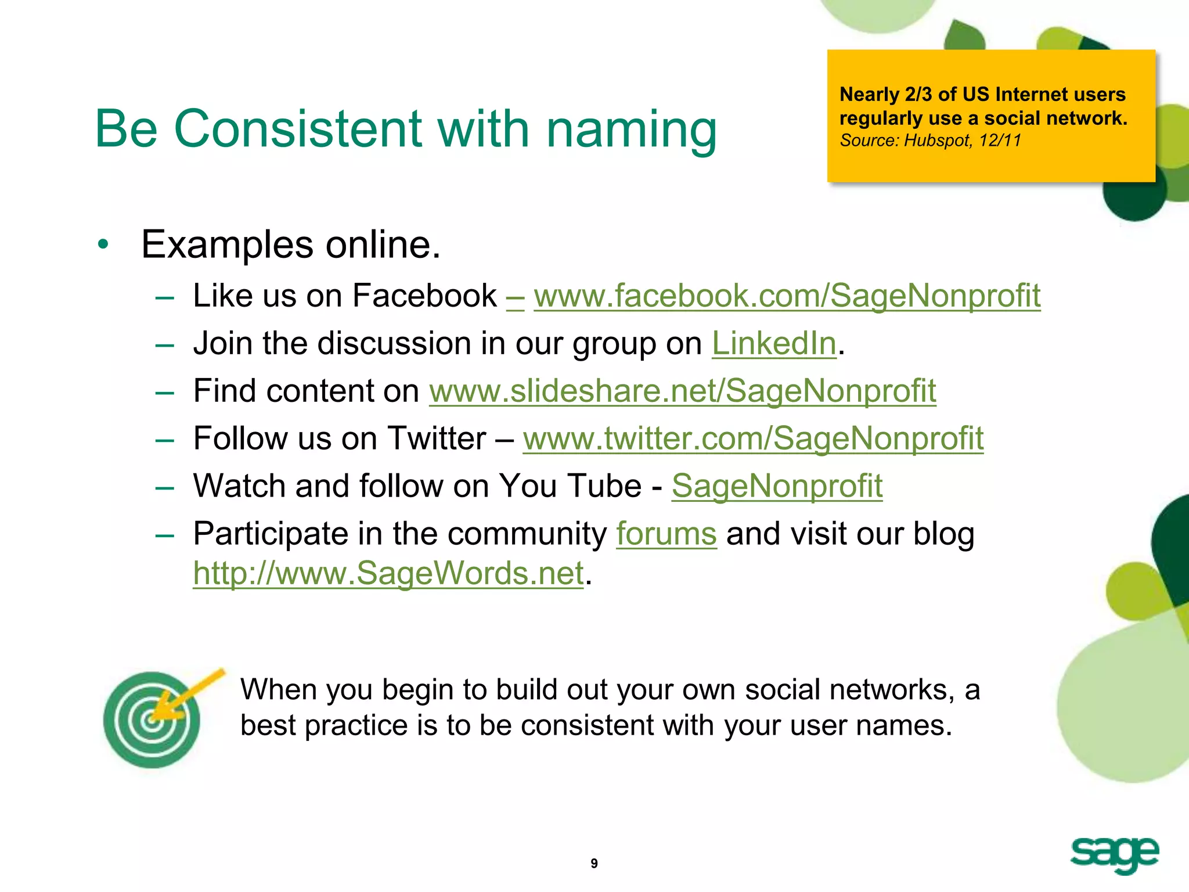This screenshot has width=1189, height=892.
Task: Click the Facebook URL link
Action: tap(787, 296)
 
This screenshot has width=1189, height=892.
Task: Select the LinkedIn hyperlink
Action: tap(773, 344)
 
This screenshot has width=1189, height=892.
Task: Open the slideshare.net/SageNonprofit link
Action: tap(682, 391)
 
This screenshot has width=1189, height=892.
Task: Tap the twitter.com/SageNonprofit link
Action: tap(753, 438)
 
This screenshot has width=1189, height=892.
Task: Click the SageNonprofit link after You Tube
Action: tap(777, 486)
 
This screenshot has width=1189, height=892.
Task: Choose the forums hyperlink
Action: tap(666, 534)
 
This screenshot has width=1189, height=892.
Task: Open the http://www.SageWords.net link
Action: tap(388, 574)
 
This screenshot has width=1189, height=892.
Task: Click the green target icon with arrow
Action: tap(153, 719)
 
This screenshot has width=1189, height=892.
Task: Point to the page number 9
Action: tap(594, 864)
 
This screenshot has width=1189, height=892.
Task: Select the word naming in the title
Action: tap(631, 130)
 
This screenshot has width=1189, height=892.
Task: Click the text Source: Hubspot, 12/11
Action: tap(930, 141)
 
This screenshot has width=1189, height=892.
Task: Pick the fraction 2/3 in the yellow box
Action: tap(919, 94)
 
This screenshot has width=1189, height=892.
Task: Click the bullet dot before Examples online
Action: tap(103, 244)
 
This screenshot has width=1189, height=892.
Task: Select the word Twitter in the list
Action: tap(437, 438)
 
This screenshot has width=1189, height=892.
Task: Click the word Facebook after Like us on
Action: tap(424, 296)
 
